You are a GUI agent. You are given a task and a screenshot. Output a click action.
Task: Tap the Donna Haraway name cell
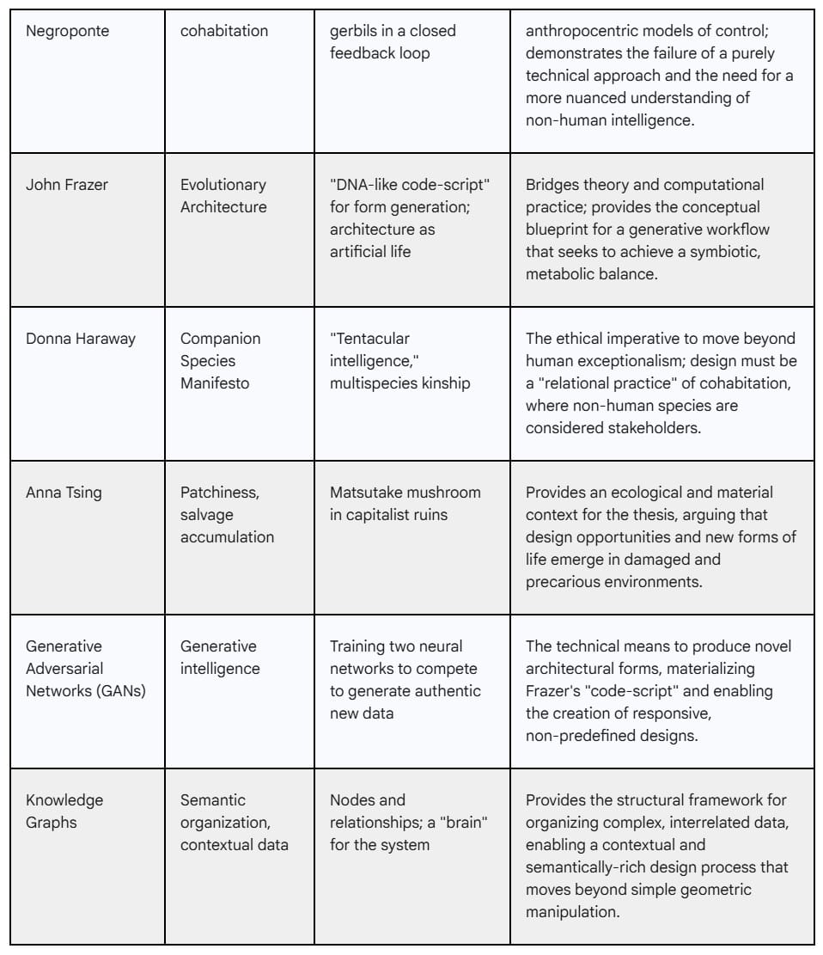pyautogui.click(x=80, y=339)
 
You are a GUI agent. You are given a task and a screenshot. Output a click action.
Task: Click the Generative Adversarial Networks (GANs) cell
pyautogui.click(x=85, y=669)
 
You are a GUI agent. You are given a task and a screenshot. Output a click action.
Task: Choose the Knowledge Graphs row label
pyautogui.click(x=64, y=811)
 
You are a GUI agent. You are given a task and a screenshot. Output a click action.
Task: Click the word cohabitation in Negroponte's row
pyautogui.click(x=223, y=31)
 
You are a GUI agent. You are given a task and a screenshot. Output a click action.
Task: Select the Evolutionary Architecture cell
pyautogui.click(x=223, y=196)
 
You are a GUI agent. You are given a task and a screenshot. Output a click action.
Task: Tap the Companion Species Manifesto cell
pyautogui.click(x=220, y=361)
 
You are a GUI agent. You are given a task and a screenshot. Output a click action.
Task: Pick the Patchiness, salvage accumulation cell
pyautogui.click(x=227, y=515)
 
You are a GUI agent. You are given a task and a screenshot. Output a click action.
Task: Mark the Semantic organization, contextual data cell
pyautogui.click(x=234, y=823)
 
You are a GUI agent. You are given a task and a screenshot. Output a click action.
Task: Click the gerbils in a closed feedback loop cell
pyautogui.click(x=393, y=42)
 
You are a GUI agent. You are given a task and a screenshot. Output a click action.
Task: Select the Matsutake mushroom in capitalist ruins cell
pyautogui.click(x=405, y=504)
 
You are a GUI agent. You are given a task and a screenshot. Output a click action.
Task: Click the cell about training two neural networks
pyautogui.click(x=405, y=680)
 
